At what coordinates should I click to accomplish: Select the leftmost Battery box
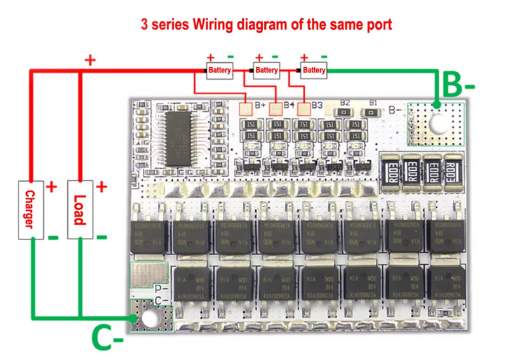pos(220,70)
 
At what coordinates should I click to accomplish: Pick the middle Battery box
pos(267,70)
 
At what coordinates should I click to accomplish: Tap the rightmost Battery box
pos(314,70)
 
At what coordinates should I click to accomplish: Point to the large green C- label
pos(107,338)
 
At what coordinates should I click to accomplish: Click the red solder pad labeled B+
pos(245,109)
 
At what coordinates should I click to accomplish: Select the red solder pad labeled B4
pos(276,109)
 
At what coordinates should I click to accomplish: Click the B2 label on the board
pos(345,102)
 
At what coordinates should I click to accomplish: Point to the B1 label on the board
pos(373,102)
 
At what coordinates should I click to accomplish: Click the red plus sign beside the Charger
pos(51,187)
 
